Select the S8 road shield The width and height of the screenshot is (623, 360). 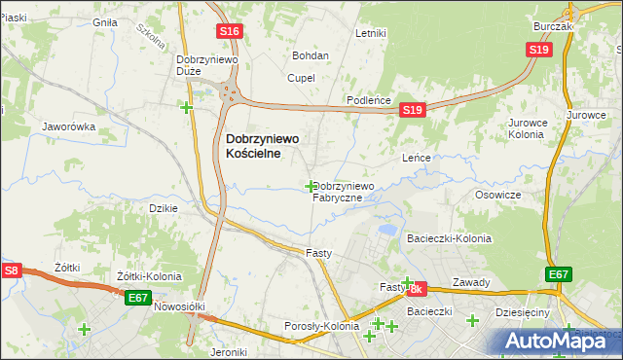point(11,270)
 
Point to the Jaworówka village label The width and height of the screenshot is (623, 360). point(67,126)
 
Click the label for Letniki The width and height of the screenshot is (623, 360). point(371,33)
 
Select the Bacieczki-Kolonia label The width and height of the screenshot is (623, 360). point(449,238)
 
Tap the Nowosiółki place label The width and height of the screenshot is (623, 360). point(178,306)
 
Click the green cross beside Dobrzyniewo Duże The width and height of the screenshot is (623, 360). point(186,107)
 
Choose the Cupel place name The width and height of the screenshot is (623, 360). point(300,78)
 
